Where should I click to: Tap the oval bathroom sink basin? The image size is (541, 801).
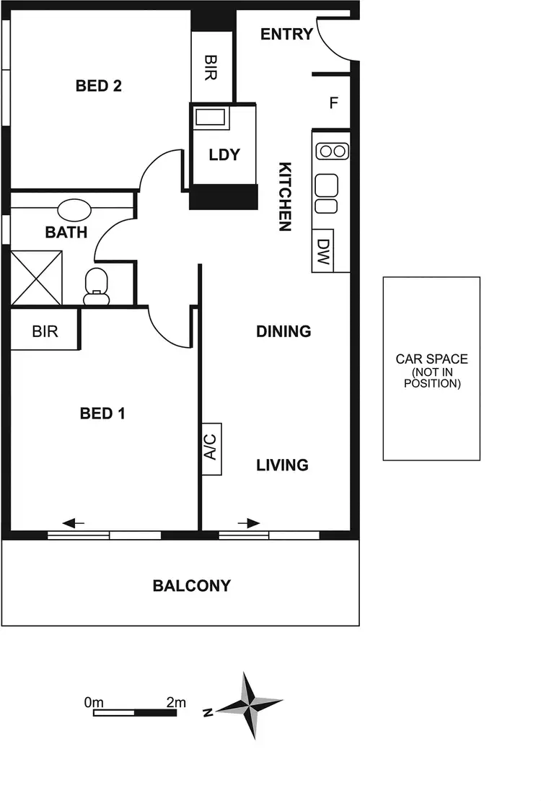tap(74, 210)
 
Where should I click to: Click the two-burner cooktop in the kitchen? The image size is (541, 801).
tap(332, 152)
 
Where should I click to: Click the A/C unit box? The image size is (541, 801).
tap(211, 449)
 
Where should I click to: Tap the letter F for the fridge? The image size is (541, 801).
tap(333, 103)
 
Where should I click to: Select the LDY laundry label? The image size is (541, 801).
tap(224, 154)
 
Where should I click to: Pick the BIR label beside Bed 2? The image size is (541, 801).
tap(211, 67)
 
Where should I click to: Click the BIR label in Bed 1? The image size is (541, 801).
tap(45, 332)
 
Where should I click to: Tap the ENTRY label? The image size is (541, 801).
tap(286, 34)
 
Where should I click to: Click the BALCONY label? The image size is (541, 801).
tap(191, 585)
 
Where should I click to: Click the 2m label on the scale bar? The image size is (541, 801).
tap(175, 701)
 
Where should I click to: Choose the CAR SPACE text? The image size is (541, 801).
tap(431, 359)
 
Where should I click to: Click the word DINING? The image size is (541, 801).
tap(283, 331)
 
